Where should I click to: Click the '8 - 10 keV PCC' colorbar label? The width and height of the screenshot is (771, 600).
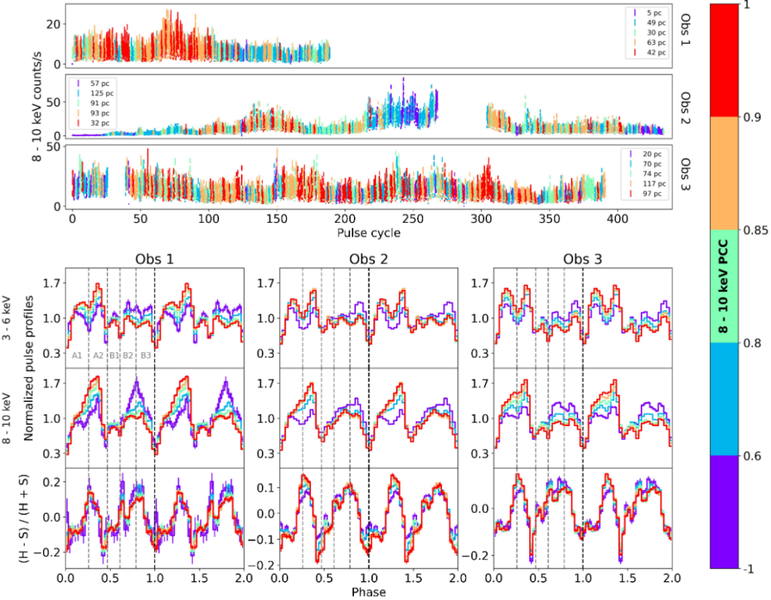[724, 286]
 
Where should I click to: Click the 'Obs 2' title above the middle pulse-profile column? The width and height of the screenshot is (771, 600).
[369, 260]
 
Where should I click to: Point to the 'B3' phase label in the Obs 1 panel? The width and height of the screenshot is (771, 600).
[146, 355]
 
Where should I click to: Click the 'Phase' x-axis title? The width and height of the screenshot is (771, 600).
[370, 592]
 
